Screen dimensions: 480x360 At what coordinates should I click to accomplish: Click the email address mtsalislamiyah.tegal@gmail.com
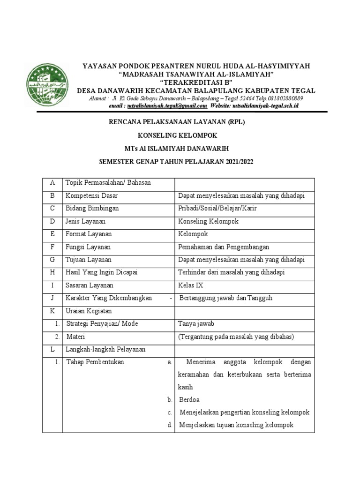(x=167, y=106)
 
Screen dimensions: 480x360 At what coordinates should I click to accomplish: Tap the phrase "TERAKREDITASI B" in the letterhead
(x=196, y=82)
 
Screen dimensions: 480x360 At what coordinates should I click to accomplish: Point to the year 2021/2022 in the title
(x=236, y=162)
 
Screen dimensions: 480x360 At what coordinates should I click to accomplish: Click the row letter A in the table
(x=52, y=183)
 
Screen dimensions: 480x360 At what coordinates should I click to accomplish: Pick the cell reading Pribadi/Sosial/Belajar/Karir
(x=217, y=208)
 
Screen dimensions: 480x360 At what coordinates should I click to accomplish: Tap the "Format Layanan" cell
(x=89, y=234)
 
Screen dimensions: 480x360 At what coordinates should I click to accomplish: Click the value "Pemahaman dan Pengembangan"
(x=224, y=247)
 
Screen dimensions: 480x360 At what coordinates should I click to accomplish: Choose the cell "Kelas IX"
(x=191, y=285)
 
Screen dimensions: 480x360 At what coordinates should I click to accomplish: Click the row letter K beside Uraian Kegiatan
(x=52, y=311)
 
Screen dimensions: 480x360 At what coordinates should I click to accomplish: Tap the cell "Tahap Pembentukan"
(x=95, y=362)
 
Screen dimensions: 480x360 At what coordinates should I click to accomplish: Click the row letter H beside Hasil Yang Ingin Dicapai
(x=52, y=272)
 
